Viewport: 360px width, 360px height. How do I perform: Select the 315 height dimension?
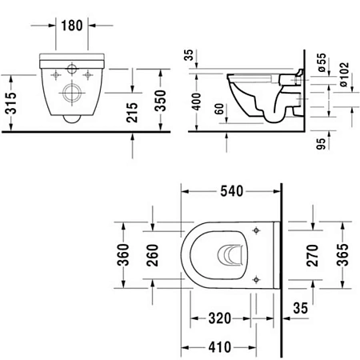tap(9, 101)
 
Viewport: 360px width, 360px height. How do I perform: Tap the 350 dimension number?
tap(160, 101)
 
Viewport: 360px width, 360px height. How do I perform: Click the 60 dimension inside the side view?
tap(218, 110)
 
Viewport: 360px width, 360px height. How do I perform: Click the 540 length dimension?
tap(231, 191)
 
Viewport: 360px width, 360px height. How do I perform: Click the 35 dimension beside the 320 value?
tap(302, 306)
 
